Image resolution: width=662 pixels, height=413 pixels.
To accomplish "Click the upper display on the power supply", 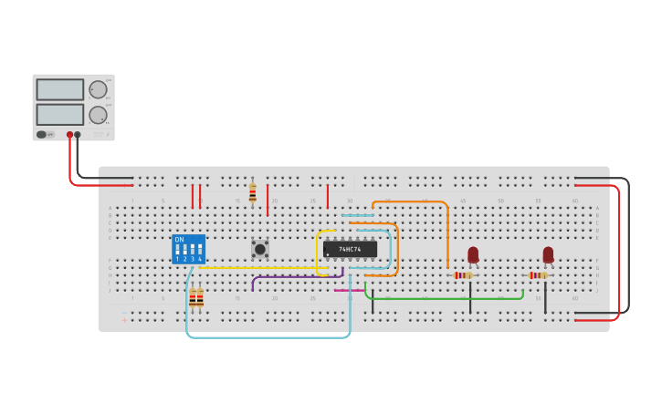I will pos(59,89).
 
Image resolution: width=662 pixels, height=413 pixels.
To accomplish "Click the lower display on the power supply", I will pos(59,115).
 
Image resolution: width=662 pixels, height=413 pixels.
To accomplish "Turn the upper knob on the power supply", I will pos(98,89).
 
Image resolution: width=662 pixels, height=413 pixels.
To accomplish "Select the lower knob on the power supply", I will pos(98,115).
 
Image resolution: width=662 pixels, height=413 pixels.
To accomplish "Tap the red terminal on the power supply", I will pos(69,135).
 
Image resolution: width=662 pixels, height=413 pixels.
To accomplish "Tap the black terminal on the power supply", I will pos(78,135).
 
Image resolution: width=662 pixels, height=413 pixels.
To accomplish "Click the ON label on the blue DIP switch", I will pos(179,240).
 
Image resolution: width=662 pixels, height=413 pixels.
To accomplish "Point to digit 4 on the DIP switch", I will pos(200,260).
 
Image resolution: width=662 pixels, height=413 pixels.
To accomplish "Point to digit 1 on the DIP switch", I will pos(178,260).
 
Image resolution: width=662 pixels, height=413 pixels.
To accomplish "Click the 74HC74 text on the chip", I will pos(350,249).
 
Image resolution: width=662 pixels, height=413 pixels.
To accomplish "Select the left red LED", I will pos(473,254).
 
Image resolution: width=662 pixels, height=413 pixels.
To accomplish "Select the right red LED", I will pos(548,254).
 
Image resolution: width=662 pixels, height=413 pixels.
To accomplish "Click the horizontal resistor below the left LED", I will pos(464,275).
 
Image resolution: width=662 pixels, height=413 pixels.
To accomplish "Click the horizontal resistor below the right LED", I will pos(539,275).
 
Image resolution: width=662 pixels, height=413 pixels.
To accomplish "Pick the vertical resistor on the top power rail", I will pos(253,192).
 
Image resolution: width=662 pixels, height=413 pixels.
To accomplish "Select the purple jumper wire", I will pos(292,276).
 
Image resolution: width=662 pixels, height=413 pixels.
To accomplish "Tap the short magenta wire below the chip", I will pos(348,291).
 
